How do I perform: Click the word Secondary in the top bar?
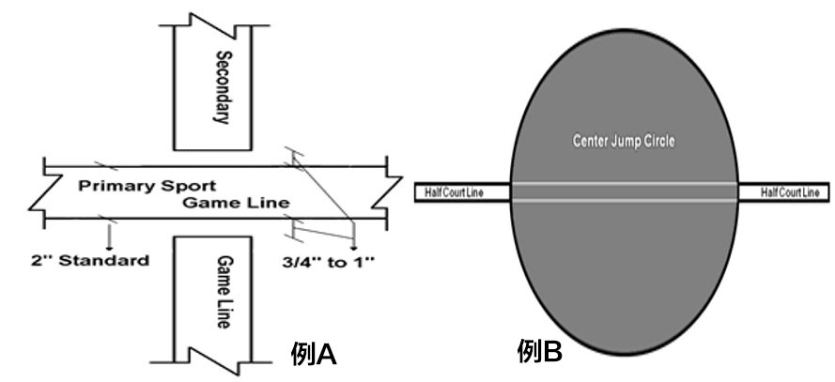[x=222, y=86]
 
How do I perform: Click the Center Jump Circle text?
[x=624, y=142]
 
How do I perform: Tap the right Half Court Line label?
[x=783, y=192]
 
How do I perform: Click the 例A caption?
[x=314, y=354]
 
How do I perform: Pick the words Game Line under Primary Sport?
[x=236, y=203]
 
